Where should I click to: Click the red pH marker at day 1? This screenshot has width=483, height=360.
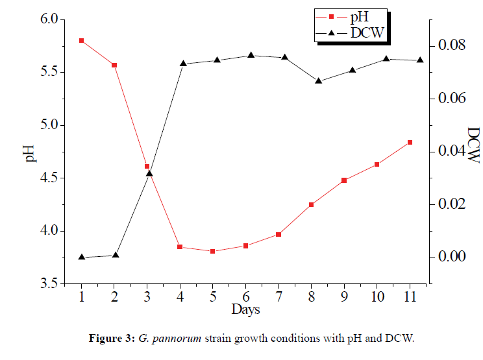[x=81, y=40]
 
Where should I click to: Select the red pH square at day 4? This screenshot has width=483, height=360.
[x=180, y=247]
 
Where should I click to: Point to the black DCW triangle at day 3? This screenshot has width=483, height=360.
[x=149, y=173]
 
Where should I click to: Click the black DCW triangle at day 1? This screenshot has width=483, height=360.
[x=81, y=257]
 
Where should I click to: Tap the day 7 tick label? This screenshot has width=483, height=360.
[x=279, y=296]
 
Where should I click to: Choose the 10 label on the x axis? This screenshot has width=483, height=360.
[x=377, y=296]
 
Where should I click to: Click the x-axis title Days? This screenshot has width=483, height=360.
[x=245, y=309]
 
